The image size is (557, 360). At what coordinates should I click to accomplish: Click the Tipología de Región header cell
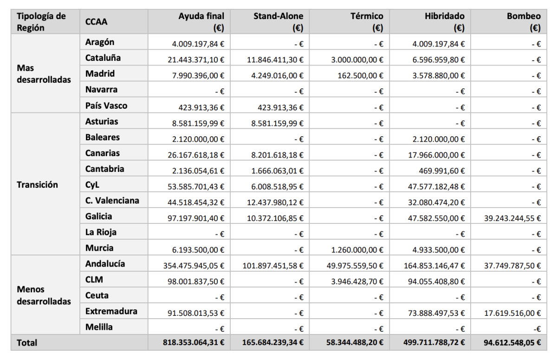click(x=41, y=22)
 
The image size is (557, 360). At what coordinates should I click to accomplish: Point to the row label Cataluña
click(x=103, y=58)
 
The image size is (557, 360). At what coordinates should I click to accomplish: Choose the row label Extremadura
click(x=111, y=311)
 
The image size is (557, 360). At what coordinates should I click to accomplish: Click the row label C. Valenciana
click(x=112, y=201)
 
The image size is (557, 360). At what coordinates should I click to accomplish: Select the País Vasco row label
click(x=106, y=105)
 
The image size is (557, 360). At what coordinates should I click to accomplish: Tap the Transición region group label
click(x=38, y=185)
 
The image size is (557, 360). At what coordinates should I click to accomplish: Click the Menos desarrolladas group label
click(x=44, y=295)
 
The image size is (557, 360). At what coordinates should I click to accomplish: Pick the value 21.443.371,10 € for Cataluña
click(x=196, y=60)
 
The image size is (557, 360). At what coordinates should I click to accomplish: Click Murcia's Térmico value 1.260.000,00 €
click(x=357, y=250)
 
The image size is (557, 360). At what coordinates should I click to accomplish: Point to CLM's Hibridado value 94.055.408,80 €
click(x=434, y=281)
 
